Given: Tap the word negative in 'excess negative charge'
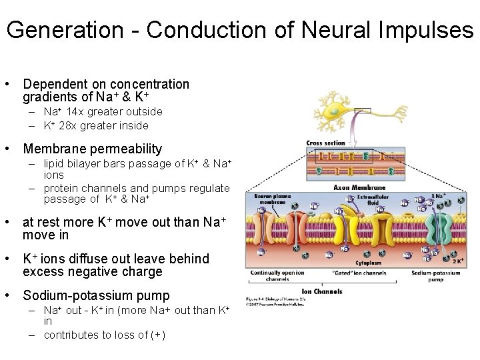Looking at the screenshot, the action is [99, 271].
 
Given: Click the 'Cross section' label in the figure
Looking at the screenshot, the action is [327, 143].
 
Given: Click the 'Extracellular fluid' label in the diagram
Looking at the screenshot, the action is [366, 198].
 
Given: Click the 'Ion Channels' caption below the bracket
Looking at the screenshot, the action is [323, 291].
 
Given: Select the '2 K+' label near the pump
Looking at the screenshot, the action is [457, 261].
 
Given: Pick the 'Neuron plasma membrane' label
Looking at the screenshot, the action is [273, 200].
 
